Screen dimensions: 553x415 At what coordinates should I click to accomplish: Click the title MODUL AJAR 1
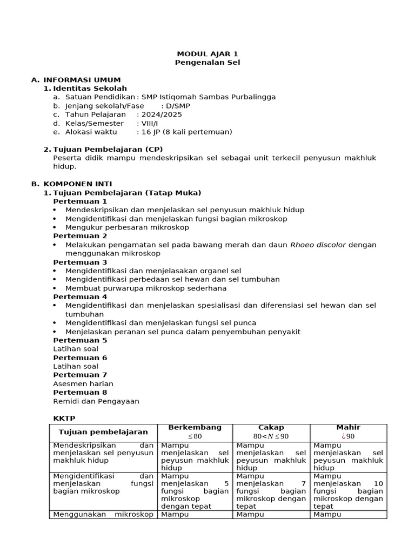pyautogui.click(x=207, y=54)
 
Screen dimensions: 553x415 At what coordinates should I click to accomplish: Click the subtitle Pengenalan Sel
pyautogui.click(x=207, y=63)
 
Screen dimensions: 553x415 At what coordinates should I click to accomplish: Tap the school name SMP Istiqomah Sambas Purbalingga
pyautogui.click(x=209, y=97)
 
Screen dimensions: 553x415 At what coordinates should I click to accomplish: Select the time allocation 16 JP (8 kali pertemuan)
pyautogui.click(x=186, y=132)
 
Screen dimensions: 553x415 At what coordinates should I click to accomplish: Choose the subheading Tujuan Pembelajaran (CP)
pyautogui.click(x=108, y=149)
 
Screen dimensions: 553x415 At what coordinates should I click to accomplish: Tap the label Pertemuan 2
pyautogui.click(x=80, y=236)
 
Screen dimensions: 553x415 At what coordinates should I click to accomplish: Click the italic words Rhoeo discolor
pyautogui.click(x=318, y=245)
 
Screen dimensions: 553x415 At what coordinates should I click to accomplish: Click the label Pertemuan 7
pyautogui.click(x=80, y=375)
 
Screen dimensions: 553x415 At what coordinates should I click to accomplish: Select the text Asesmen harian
pyautogui.click(x=83, y=383)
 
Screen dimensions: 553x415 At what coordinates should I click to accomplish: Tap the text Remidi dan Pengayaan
pyautogui.click(x=96, y=401)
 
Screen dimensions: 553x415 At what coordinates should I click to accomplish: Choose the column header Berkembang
pyautogui.click(x=195, y=427)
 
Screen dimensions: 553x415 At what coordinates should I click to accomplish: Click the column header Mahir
pyautogui.click(x=348, y=427)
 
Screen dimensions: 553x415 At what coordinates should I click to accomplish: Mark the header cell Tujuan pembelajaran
pyautogui.click(x=103, y=432)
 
